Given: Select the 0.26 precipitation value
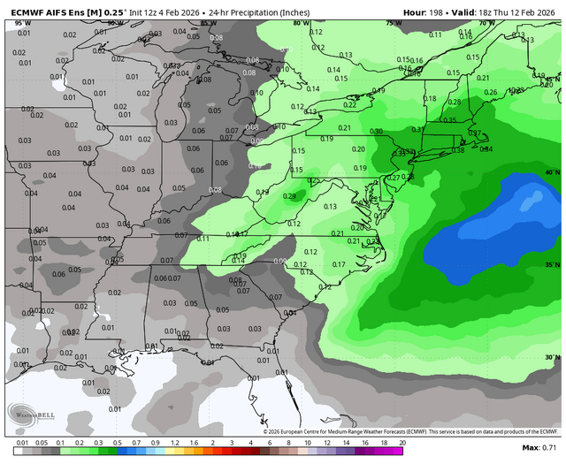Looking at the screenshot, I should click(x=492, y=92).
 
